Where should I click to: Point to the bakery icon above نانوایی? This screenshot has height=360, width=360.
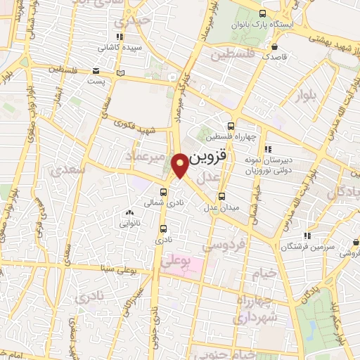[129, 212]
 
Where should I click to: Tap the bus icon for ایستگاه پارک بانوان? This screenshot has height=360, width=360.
[262, 13]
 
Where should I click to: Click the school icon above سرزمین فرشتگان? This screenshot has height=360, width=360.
[307, 236]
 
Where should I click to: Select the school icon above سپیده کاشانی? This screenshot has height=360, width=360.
[120, 37]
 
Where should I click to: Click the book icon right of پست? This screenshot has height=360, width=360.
[120, 73]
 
